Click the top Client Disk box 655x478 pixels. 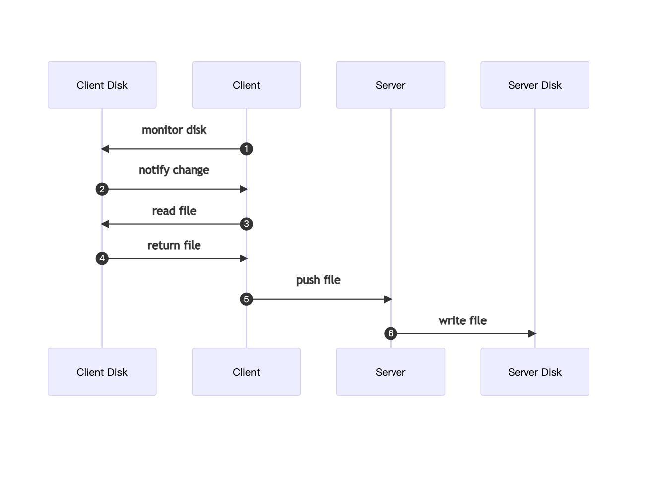102,85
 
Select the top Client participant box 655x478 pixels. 246,85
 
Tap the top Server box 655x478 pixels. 391,85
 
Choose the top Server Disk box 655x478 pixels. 534,85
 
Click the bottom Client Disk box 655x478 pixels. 102,372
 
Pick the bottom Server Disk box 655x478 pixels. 534,372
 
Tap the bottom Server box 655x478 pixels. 391,372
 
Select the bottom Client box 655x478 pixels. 246,372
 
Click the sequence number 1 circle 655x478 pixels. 246,149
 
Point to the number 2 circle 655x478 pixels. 102,189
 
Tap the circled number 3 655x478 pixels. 246,224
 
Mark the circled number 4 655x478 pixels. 102,258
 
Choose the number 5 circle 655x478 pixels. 246,299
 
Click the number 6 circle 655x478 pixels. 391,333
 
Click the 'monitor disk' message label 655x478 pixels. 174,130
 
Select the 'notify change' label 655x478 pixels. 174,170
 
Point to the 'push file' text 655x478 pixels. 318,280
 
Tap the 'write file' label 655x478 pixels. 462,320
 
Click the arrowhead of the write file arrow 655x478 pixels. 532,333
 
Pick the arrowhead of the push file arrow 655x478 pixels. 388,299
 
